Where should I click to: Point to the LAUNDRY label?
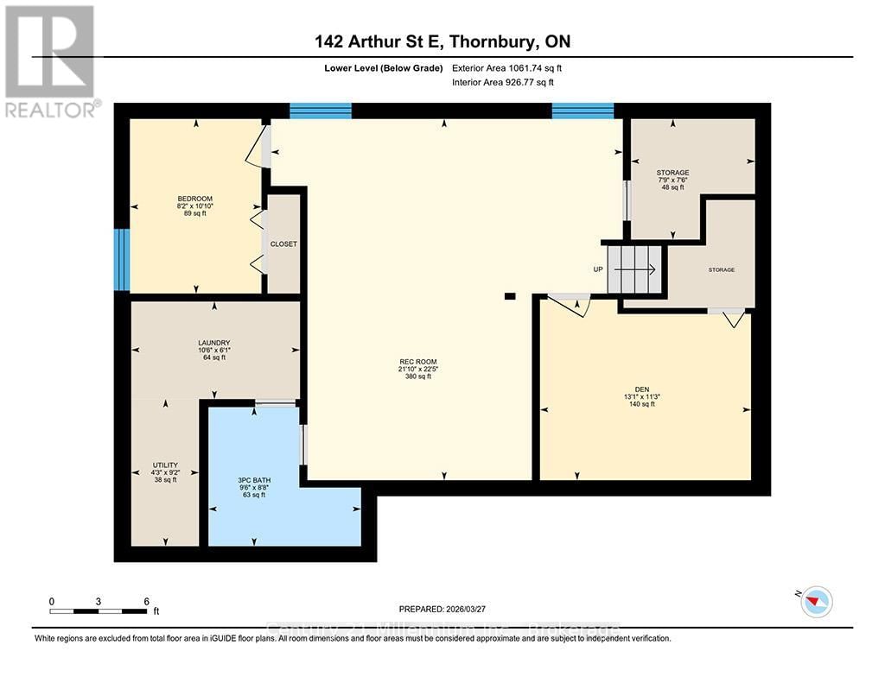point(213,343)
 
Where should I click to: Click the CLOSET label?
point(283,244)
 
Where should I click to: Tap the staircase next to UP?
point(634,269)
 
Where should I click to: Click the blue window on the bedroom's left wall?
point(122,259)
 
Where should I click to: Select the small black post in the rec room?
point(510,296)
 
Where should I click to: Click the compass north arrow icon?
point(816,601)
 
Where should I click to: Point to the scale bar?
point(99,611)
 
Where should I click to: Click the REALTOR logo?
point(50,60)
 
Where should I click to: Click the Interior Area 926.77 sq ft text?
point(503,83)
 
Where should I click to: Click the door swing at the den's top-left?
point(572,305)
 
